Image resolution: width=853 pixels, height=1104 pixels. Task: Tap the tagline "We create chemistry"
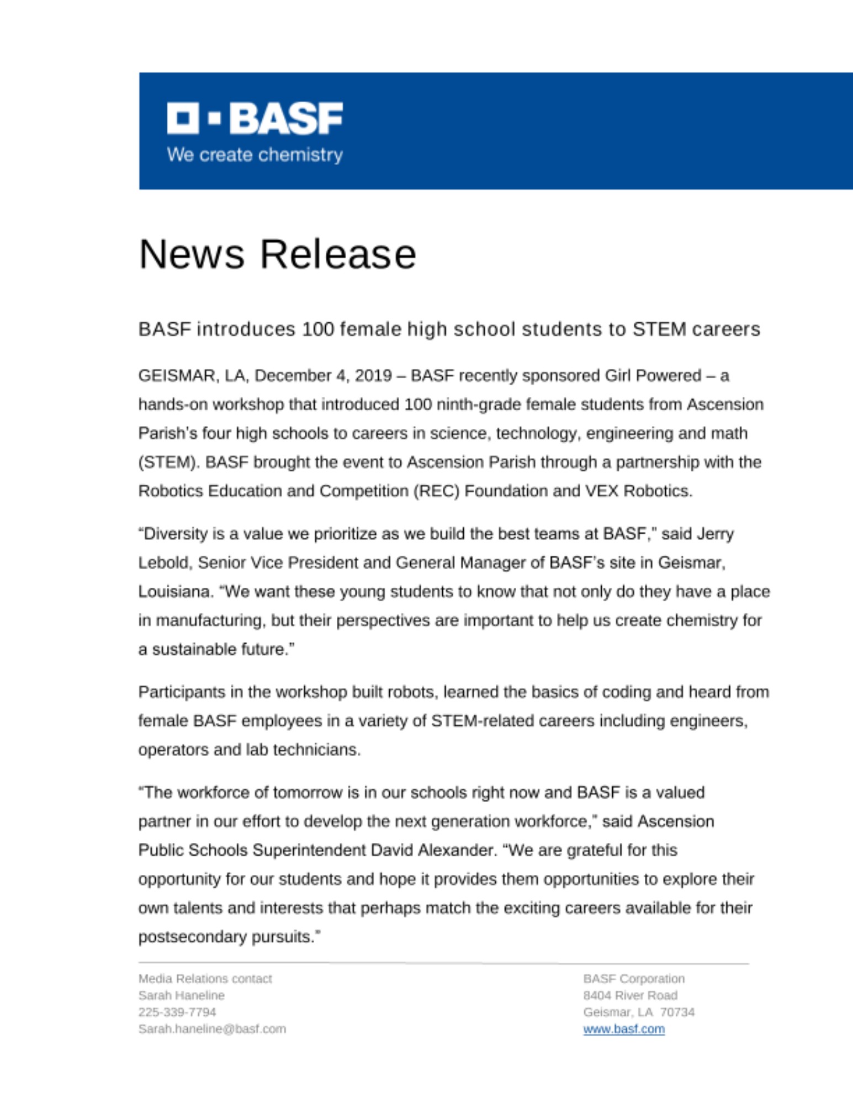[255, 155]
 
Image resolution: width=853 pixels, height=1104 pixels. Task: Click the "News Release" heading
[277, 254]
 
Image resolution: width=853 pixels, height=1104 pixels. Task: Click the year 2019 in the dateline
[373, 376]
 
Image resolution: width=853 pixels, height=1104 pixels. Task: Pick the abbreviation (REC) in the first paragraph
[436, 491]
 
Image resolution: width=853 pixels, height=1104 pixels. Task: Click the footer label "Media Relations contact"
[205, 979]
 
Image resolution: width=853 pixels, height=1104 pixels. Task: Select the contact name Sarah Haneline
[181, 995]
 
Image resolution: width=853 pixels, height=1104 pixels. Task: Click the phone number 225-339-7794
[177, 1012]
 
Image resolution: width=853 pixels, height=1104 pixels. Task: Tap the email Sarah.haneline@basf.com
[212, 1029]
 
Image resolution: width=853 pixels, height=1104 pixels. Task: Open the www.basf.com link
[623, 1029]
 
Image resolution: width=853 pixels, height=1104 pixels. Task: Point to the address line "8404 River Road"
[630, 995]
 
